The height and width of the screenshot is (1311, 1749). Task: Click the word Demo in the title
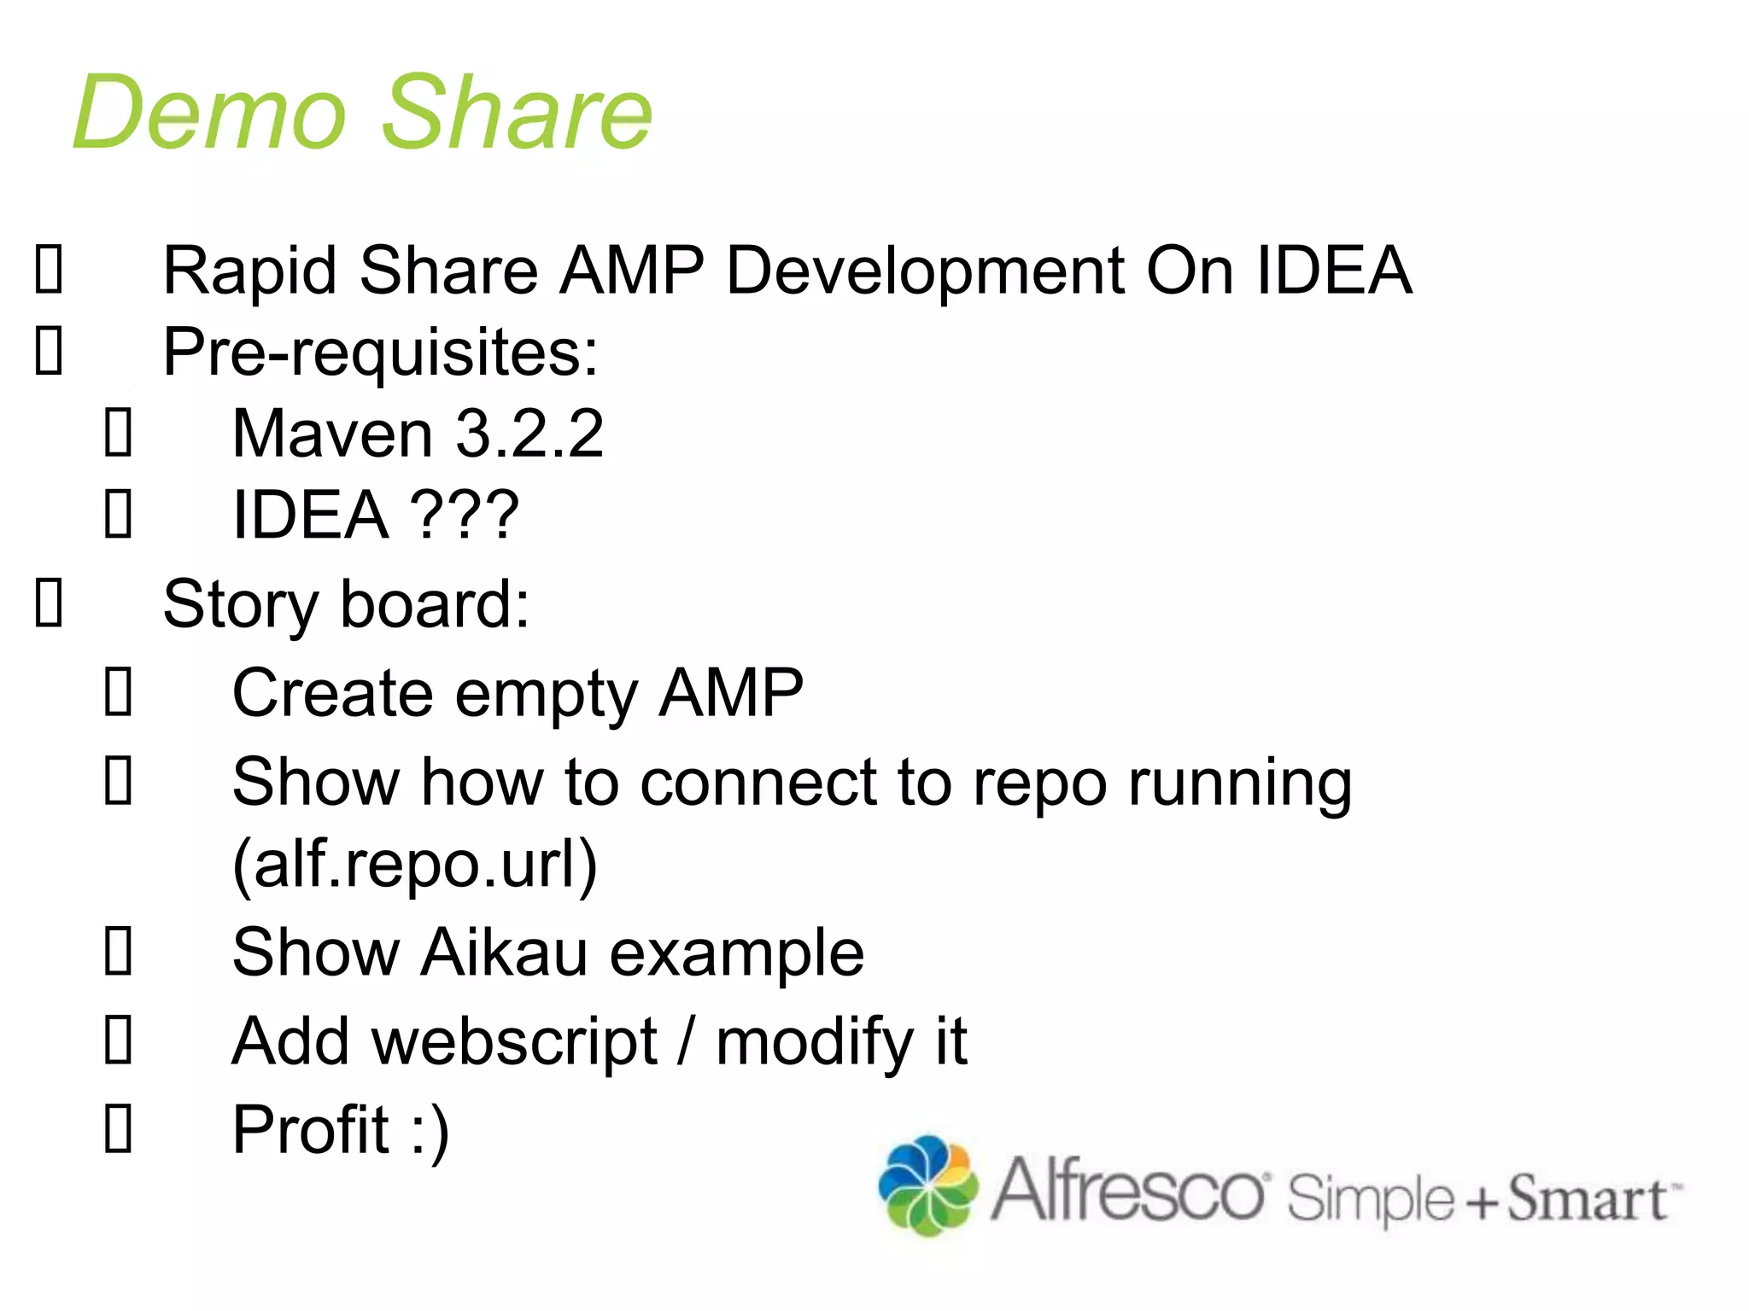tap(209, 113)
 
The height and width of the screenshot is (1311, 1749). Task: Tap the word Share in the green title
tap(517, 113)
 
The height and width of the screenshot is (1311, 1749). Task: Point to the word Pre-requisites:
tap(380, 353)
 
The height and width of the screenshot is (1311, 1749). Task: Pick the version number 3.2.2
tap(529, 434)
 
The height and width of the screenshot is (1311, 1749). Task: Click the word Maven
tap(332, 434)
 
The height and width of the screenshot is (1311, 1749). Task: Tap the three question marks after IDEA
tap(465, 516)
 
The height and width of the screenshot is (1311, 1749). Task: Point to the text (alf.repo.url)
tap(415, 865)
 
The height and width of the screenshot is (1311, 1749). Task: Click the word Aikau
tap(504, 953)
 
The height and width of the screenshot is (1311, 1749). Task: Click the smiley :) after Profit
tap(430, 1130)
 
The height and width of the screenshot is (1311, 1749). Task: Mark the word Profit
tap(311, 1130)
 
